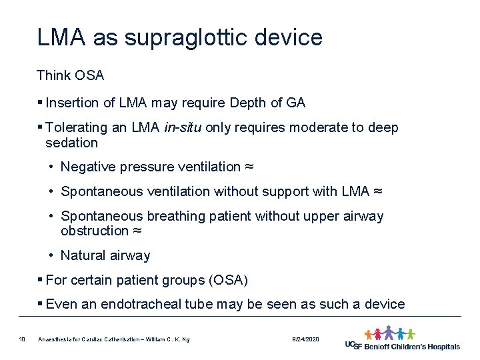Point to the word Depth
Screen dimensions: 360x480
point(247,103)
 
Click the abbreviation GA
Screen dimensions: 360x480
point(295,103)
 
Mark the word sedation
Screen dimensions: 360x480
point(71,143)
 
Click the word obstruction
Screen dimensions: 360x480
point(94,231)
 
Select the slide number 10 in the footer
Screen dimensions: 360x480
point(22,340)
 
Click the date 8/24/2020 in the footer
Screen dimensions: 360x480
point(306,340)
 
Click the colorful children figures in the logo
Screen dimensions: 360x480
point(389,333)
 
